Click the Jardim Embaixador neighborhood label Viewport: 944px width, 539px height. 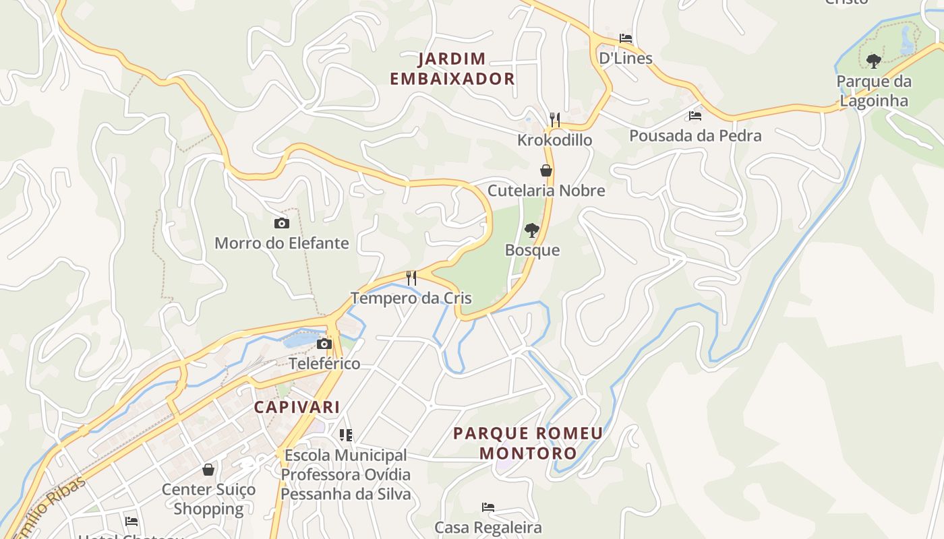(x=452, y=69)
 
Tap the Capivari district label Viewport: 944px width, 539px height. (x=297, y=407)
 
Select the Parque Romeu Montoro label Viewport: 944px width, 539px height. (x=528, y=443)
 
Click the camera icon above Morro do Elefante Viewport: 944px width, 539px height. (x=281, y=223)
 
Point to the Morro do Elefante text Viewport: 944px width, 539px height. (x=281, y=243)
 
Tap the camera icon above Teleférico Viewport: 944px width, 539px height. (x=324, y=344)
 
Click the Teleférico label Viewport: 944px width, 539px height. (x=324, y=364)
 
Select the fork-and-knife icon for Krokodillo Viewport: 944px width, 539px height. (x=554, y=120)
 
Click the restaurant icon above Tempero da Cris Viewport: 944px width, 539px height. (x=411, y=278)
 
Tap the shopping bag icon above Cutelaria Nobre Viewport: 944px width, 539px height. (x=546, y=170)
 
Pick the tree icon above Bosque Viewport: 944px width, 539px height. (x=532, y=230)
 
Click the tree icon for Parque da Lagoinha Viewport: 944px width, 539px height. (x=873, y=61)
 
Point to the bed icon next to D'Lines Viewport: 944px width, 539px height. (x=626, y=38)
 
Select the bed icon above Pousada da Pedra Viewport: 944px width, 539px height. (x=695, y=116)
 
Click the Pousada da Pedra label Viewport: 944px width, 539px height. (x=695, y=135)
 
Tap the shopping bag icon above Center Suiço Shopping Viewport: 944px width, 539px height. (x=208, y=469)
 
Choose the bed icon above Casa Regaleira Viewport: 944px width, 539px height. (x=488, y=507)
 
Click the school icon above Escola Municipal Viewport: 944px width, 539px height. (x=346, y=435)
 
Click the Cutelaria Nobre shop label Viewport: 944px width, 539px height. (x=546, y=191)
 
